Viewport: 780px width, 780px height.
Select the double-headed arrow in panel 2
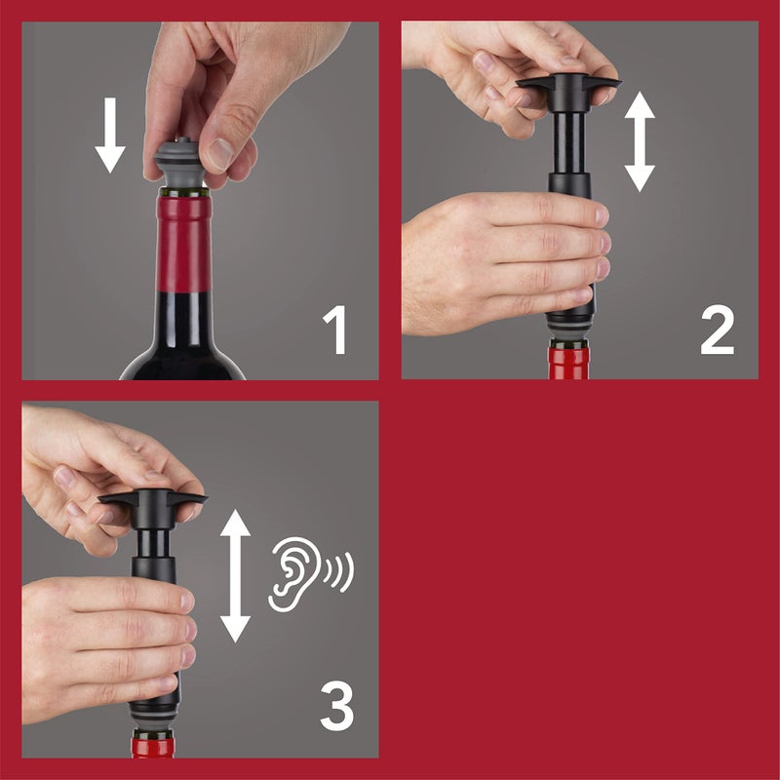(x=640, y=140)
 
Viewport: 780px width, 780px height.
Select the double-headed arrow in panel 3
(x=235, y=575)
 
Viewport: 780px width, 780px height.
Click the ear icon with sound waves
(x=292, y=575)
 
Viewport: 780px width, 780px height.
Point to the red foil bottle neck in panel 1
(x=183, y=244)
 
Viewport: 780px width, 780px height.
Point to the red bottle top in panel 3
(x=154, y=746)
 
